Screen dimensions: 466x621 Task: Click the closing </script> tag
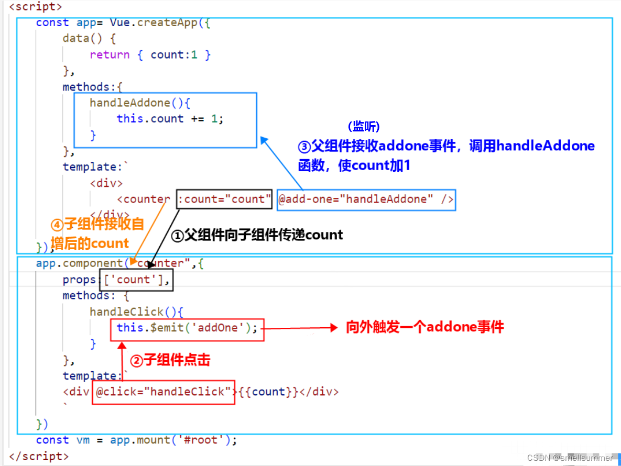pos(39,456)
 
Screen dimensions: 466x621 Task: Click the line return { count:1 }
pos(150,54)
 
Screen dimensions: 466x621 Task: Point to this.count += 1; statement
pos(170,118)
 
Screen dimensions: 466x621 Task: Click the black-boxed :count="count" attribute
pos(224,199)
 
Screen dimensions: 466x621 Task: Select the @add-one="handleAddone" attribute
pos(366,199)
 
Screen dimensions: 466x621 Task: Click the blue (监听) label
pos(363,127)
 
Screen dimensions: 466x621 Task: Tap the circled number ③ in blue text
pos(304,146)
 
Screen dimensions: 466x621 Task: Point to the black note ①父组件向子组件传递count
pos(257,235)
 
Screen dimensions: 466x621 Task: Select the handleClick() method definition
pos(136,312)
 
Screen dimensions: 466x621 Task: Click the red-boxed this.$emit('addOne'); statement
pos(187,328)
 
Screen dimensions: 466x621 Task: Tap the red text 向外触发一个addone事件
pos(424,328)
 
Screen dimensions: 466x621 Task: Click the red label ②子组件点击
pos(170,360)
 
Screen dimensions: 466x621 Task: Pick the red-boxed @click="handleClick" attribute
pos(164,392)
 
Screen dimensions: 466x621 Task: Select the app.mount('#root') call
pos(173,440)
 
